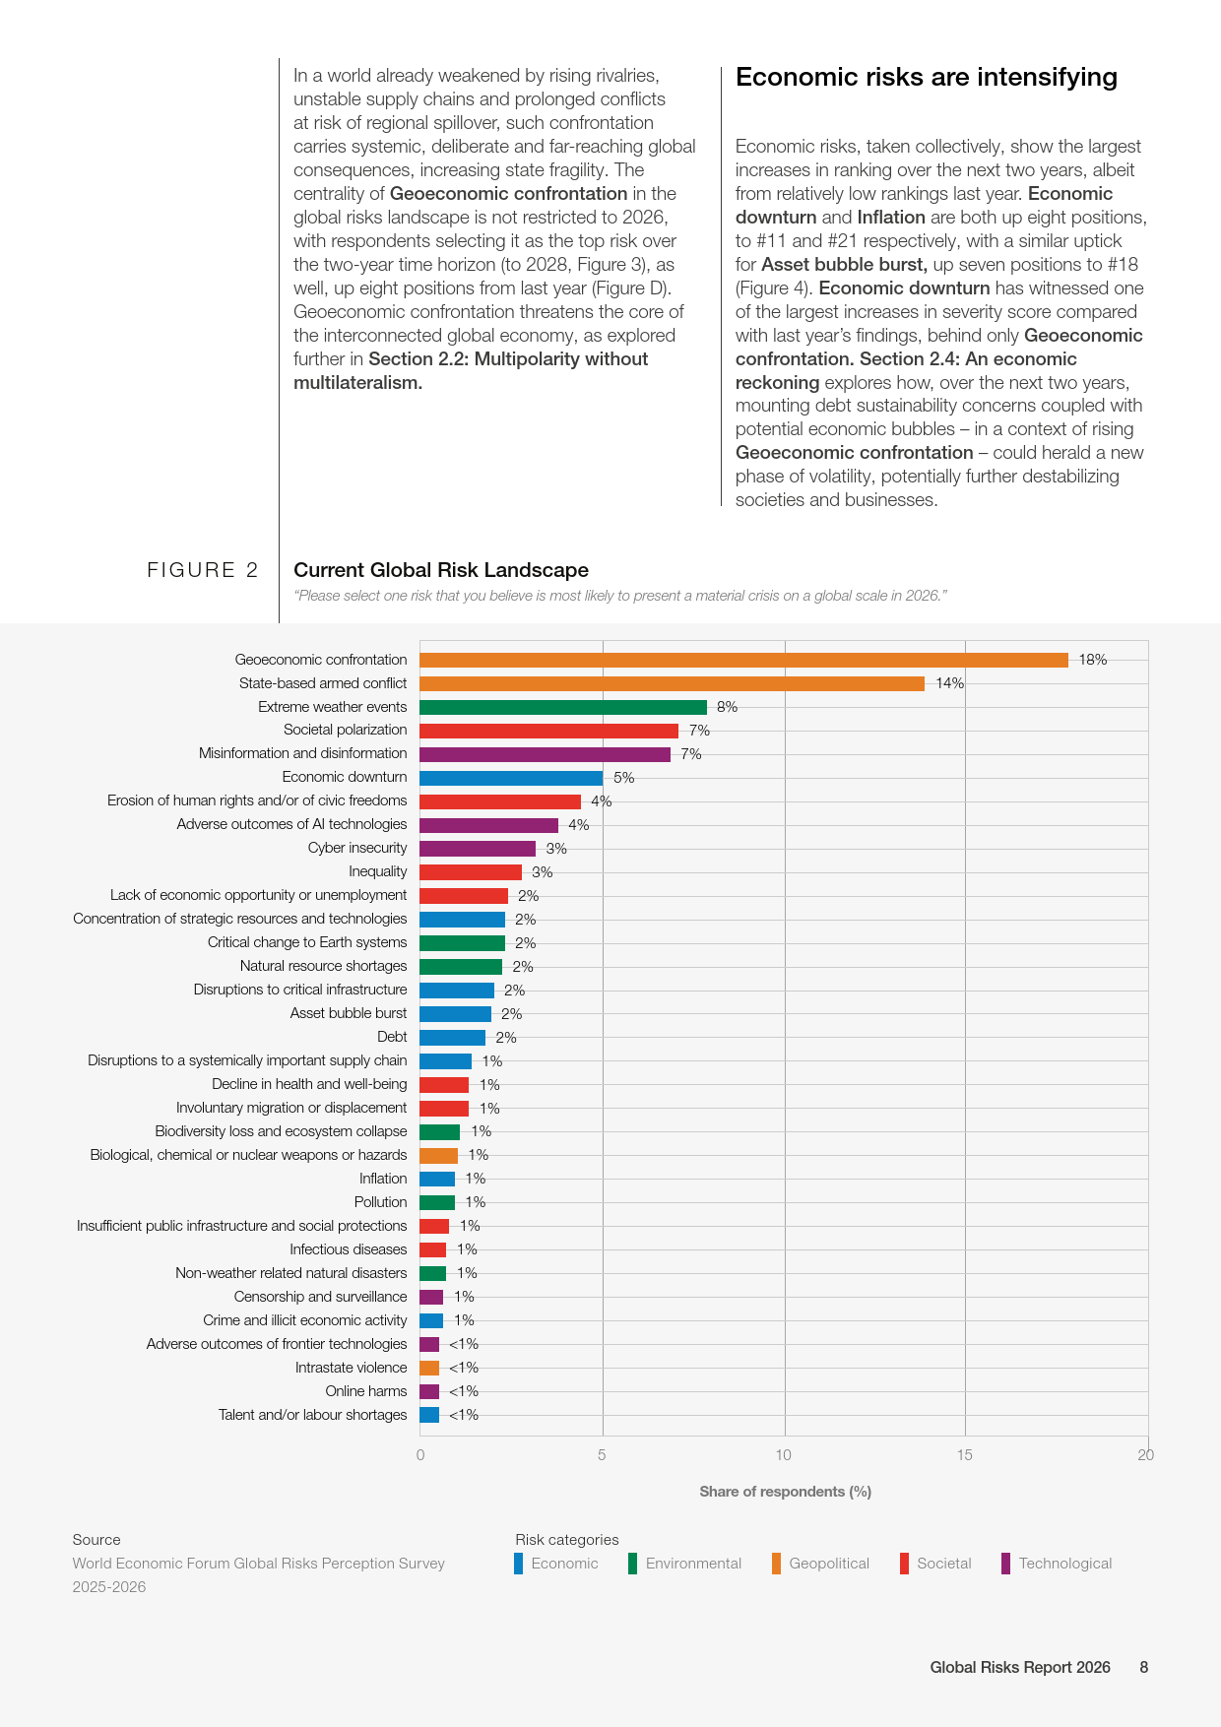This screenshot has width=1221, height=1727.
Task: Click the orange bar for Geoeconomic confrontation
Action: (743, 660)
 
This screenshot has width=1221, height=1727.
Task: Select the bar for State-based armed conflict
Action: (672, 683)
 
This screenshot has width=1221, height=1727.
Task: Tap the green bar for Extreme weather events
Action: (563, 707)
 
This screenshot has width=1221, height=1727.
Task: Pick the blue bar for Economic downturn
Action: (511, 778)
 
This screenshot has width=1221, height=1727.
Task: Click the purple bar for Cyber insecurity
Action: (478, 849)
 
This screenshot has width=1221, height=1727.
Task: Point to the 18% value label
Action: (1093, 660)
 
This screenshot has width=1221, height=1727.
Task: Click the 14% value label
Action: (949, 683)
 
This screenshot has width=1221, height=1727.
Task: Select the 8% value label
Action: (727, 707)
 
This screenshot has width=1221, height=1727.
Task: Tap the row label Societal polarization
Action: (345, 730)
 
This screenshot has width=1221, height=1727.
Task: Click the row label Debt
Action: (392, 1037)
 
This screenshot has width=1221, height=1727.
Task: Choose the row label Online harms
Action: (366, 1391)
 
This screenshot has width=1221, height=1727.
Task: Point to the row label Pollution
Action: (380, 1202)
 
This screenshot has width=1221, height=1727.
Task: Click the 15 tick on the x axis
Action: (964, 1455)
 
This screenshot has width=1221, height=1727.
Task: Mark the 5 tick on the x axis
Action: (602, 1455)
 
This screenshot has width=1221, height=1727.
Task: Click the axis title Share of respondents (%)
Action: (785, 1492)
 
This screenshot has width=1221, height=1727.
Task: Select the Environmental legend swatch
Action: (632, 1564)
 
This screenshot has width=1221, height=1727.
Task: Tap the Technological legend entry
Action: (1057, 1564)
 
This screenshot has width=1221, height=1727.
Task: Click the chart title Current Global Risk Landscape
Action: (441, 570)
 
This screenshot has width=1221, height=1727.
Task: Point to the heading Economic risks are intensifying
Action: (927, 78)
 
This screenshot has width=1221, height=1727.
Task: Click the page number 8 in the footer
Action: (1144, 1667)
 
